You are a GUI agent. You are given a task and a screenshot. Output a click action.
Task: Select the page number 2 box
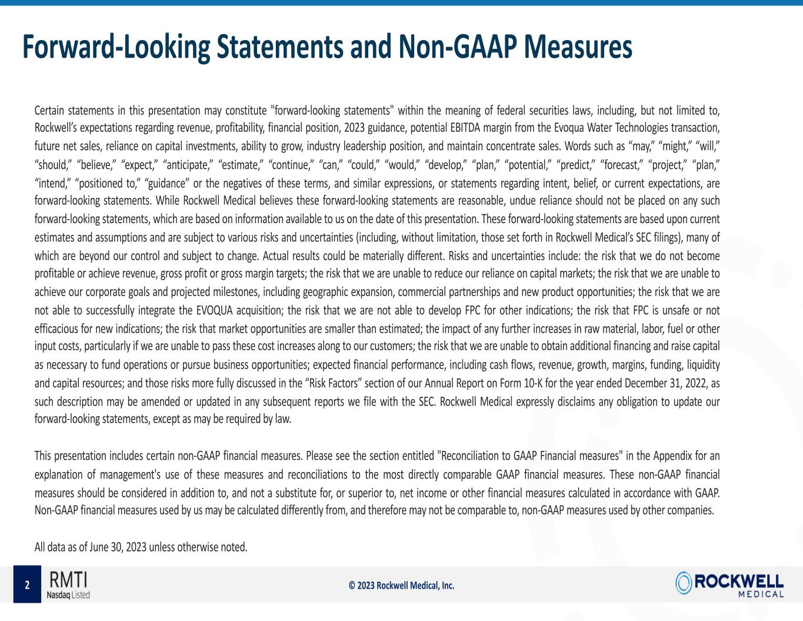[x=27, y=585]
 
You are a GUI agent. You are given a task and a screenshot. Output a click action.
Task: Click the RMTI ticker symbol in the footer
[x=68, y=580]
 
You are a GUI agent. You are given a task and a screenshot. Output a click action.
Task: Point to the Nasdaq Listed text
[x=68, y=595]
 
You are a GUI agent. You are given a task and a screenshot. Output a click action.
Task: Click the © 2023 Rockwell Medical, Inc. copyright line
[x=401, y=585]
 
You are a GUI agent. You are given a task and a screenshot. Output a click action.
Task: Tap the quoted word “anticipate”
[x=188, y=164]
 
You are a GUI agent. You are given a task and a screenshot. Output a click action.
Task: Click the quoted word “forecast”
[x=621, y=164]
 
